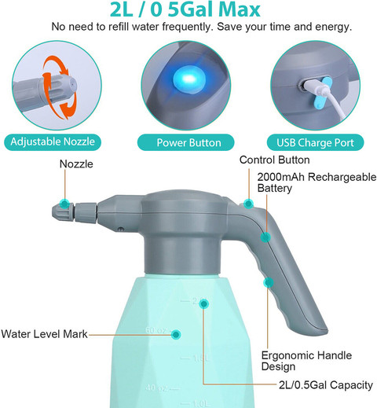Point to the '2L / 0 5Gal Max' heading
click(188, 11)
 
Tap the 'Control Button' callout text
click(277, 160)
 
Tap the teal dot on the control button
click(248, 204)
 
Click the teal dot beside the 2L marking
click(204, 302)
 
